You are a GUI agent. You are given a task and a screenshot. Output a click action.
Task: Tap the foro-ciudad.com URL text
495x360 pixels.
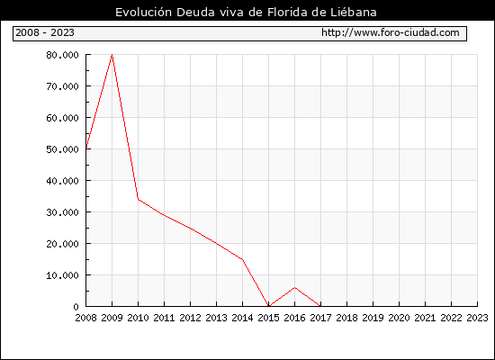click(391, 32)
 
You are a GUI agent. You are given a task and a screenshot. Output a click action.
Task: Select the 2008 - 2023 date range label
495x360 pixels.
click(45, 32)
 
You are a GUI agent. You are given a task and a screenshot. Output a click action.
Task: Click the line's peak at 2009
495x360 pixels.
click(112, 55)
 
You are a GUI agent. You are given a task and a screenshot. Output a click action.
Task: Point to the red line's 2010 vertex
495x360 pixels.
click(139, 199)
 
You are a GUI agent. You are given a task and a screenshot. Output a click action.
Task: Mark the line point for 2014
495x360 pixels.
click(242, 259)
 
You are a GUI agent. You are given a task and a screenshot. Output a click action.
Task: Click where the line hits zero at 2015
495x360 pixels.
click(269, 306)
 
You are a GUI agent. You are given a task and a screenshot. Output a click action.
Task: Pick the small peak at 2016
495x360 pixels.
click(295, 287)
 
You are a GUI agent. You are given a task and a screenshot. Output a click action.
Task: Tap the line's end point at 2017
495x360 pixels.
click(320, 306)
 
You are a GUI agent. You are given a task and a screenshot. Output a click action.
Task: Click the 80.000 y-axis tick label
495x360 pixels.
click(62, 55)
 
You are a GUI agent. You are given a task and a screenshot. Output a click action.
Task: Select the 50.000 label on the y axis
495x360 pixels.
click(62, 149)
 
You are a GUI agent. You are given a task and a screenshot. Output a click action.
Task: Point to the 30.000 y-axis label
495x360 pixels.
click(62, 212)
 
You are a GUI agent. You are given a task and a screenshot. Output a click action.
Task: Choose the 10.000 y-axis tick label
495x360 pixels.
click(62, 275)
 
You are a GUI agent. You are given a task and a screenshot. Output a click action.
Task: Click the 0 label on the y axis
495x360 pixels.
click(76, 307)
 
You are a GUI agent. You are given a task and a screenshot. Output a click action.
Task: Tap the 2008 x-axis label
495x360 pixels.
click(85, 318)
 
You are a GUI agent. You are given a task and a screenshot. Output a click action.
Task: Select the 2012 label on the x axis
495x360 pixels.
click(191, 318)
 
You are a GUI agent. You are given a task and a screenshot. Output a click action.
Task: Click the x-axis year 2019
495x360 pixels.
click(373, 318)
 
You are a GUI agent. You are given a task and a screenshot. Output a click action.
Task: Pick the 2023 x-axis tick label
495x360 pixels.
click(477, 318)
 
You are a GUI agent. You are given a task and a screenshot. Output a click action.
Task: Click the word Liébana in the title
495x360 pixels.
click(354, 13)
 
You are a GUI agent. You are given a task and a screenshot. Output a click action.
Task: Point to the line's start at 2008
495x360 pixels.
click(86, 148)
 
